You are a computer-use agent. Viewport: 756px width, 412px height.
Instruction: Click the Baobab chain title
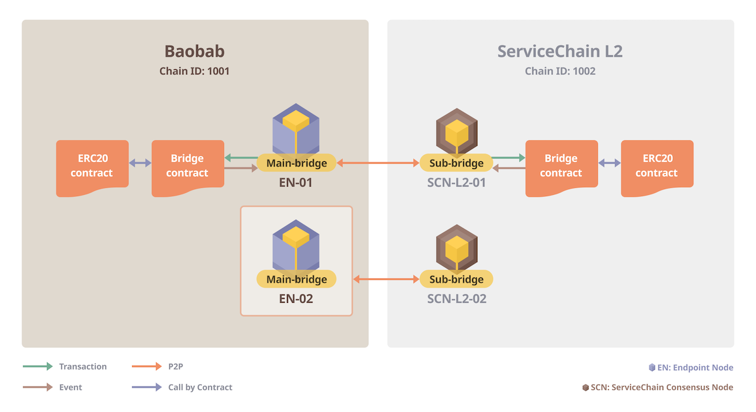click(x=194, y=51)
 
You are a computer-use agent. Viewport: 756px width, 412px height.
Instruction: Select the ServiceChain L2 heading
click(x=560, y=51)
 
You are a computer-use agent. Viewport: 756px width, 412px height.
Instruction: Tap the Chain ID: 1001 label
click(x=194, y=71)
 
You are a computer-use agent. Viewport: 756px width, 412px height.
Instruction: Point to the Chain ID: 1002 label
click(x=560, y=71)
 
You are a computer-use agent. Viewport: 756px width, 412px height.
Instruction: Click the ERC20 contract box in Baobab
click(x=92, y=166)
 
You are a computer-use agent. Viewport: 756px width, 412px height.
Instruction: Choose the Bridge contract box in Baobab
click(x=187, y=166)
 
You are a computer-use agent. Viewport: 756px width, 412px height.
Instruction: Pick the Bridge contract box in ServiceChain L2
click(x=561, y=166)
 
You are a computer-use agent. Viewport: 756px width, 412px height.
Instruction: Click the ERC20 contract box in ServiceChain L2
click(x=657, y=166)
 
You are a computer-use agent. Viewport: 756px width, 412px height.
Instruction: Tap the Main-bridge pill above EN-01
click(x=296, y=163)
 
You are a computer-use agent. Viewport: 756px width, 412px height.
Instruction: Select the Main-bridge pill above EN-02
click(x=296, y=279)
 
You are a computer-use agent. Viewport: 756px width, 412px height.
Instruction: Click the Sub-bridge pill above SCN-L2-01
click(x=456, y=163)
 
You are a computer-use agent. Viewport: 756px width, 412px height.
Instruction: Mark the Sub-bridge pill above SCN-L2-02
click(x=456, y=279)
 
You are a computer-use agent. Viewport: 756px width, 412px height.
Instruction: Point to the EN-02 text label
click(x=296, y=298)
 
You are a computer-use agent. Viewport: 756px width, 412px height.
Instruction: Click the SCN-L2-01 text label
click(x=456, y=183)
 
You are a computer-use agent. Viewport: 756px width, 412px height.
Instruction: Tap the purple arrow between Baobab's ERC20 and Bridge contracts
click(x=140, y=163)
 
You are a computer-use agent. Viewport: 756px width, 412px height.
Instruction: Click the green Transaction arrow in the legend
click(x=37, y=366)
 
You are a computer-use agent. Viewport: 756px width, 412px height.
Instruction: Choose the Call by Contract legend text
click(x=200, y=387)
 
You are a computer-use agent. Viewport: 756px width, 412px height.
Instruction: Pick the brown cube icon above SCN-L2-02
click(x=456, y=248)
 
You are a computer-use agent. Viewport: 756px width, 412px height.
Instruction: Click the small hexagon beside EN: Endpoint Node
click(x=652, y=368)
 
